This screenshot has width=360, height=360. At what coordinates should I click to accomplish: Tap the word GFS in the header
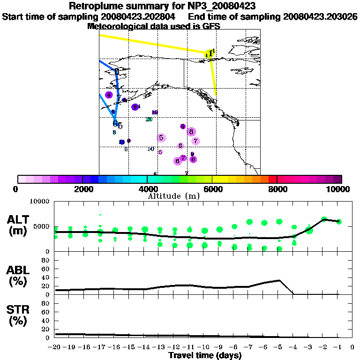(212, 26)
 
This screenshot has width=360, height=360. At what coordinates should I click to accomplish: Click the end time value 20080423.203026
(320, 16)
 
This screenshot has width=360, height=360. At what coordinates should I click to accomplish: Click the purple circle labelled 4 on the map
(109, 95)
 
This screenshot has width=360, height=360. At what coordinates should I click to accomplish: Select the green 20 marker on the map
(149, 119)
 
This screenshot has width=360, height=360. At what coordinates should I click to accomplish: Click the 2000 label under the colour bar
(82, 189)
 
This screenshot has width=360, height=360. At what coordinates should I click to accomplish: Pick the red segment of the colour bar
(272, 179)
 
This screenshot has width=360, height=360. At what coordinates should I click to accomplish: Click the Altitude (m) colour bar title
(173, 195)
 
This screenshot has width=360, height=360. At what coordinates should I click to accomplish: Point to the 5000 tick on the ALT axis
(42, 226)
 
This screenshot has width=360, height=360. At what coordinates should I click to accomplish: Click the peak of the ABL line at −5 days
(279, 280)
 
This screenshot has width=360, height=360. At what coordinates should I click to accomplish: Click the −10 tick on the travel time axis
(204, 347)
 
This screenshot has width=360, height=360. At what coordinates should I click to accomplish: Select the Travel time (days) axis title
(204, 355)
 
